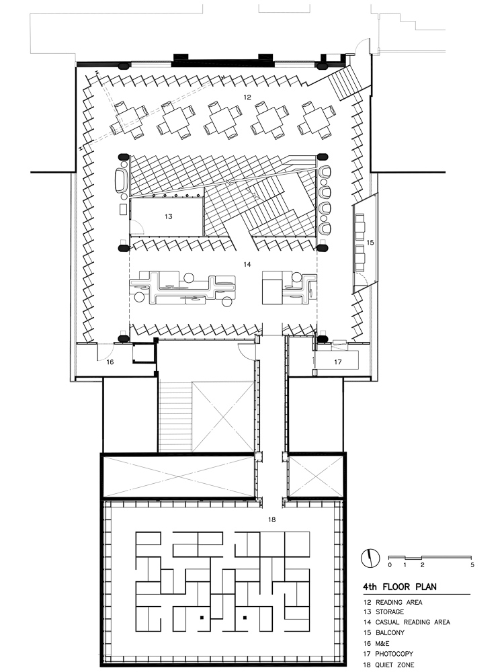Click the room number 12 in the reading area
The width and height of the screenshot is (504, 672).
click(x=247, y=97)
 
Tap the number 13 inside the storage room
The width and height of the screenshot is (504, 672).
click(x=169, y=216)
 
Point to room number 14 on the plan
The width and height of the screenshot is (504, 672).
click(x=247, y=264)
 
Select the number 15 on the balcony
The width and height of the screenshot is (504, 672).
click(x=370, y=243)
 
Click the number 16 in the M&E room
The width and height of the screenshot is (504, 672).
click(x=110, y=362)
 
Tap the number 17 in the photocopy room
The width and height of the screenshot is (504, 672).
click(x=338, y=362)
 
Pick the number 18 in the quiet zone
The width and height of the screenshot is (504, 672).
click(x=271, y=519)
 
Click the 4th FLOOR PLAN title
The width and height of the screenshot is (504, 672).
click(x=400, y=587)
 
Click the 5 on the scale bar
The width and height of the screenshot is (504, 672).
click(x=472, y=565)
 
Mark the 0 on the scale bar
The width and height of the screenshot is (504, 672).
click(x=390, y=565)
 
